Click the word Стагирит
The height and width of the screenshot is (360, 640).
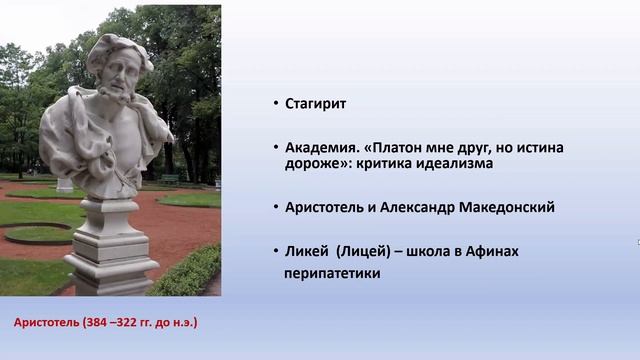316,103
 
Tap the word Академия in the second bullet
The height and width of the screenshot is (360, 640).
323,147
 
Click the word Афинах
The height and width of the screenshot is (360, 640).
491,252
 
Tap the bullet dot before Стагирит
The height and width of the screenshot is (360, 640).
275,104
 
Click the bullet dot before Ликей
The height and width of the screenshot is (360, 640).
275,252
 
